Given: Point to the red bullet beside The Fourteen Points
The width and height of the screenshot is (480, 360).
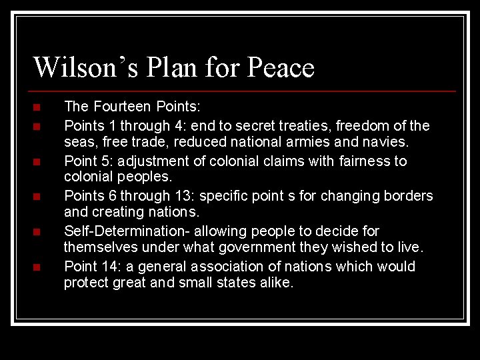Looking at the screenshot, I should coord(37,107).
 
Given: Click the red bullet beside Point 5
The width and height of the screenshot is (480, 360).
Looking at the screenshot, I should coord(37,162).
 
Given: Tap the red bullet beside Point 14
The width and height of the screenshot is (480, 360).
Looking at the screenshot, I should coord(37,267).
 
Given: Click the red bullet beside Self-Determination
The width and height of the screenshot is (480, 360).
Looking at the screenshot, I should coord(37,232).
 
